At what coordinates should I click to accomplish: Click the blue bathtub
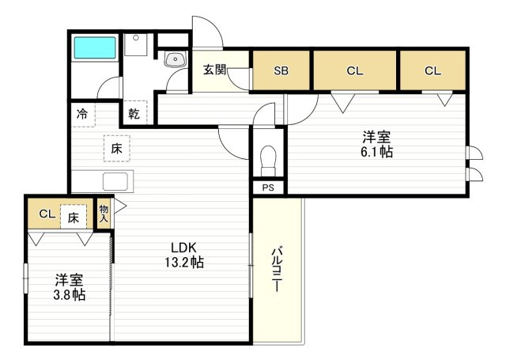coord(95,47)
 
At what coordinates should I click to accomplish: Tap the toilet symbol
coord(269,161)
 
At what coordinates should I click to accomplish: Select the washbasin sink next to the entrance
coord(176,59)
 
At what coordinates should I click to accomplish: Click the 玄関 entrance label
coord(214,69)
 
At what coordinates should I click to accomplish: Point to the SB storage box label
coord(281,70)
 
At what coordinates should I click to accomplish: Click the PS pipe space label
coord(268,188)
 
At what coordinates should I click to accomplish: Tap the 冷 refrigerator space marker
coord(82,114)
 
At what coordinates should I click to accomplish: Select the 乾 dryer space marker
coord(134,113)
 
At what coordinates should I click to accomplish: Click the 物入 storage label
coord(104,214)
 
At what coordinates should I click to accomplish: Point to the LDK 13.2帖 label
coord(184,255)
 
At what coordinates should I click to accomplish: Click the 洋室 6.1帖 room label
coord(376,144)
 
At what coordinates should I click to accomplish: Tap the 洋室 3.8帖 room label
coord(69,287)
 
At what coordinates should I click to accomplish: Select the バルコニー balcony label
coord(277,269)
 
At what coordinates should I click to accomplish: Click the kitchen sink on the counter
coord(115,182)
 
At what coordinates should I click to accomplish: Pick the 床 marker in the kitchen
coord(117,149)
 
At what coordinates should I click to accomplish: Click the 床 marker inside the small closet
coord(74,218)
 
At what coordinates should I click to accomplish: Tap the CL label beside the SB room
coord(355,70)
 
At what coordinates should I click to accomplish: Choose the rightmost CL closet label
coord(432,70)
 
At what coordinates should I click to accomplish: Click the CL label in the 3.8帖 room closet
coord(47,214)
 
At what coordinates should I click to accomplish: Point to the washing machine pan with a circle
coord(136,44)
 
